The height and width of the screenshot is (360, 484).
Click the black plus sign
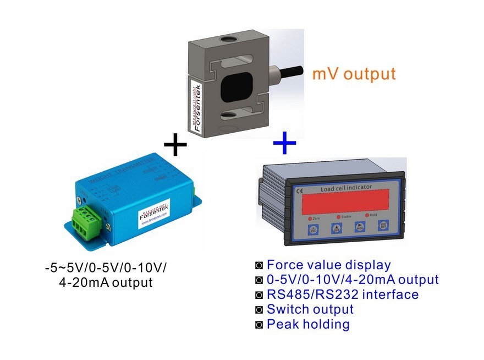(175, 146)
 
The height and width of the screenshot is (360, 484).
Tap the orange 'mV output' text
(354, 74)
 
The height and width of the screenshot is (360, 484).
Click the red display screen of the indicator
(344, 201)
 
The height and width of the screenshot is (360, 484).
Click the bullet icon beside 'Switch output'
(260, 310)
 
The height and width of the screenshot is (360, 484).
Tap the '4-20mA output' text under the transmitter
(105, 283)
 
